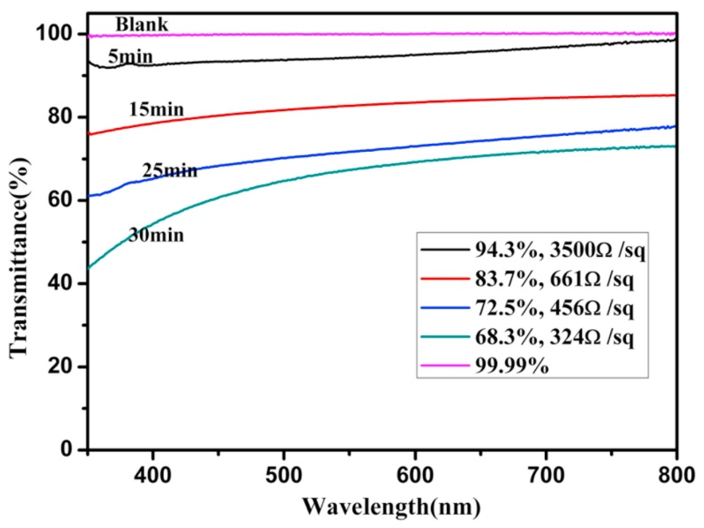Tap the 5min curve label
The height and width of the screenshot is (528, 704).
pos(130,57)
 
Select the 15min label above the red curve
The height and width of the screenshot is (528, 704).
pos(157,109)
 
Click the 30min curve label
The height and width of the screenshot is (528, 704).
pos(156,235)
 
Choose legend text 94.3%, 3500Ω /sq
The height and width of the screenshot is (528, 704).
pos(559,251)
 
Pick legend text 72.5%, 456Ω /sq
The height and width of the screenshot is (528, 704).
pos(554,309)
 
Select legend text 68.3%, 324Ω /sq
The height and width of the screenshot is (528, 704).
pos(554,338)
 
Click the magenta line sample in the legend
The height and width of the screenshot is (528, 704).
pos(445,365)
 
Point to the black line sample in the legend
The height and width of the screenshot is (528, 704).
pos(445,250)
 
